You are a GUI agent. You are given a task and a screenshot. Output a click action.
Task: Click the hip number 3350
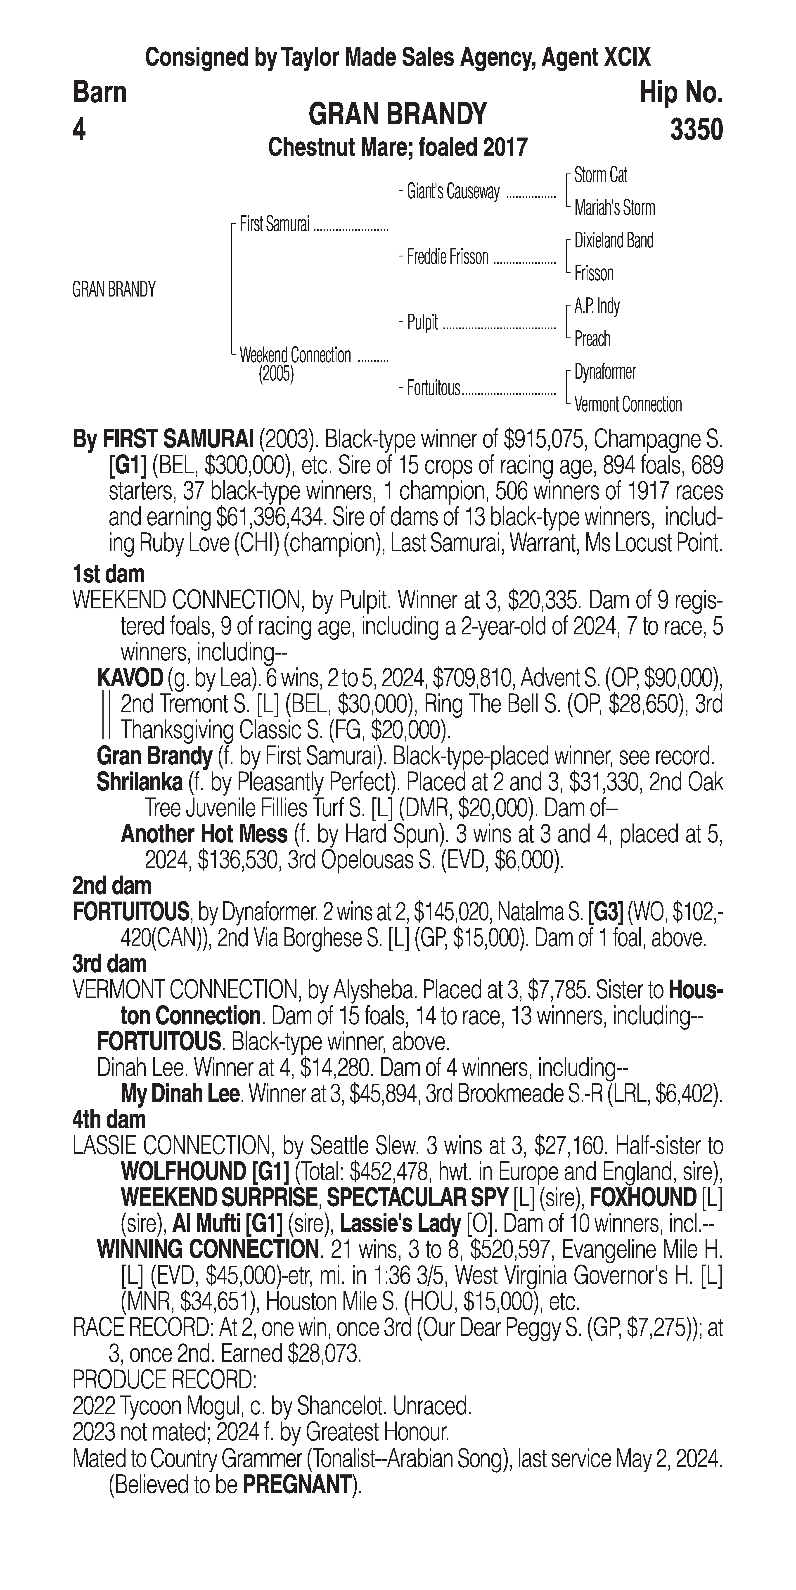click(696, 130)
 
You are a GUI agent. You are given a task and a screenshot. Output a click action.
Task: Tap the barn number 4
click(79, 130)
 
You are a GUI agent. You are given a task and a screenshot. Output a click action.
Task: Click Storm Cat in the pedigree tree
click(600, 175)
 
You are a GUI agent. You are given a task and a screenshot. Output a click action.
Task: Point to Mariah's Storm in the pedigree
click(614, 208)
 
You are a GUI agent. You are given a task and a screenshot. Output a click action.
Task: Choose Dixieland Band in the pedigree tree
click(613, 241)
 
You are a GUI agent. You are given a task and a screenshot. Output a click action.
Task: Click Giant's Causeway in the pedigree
click(453, 192)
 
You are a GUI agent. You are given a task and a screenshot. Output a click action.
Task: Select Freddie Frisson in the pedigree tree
click(447, 257)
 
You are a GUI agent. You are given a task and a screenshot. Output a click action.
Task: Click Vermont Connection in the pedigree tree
click(628, 405)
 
